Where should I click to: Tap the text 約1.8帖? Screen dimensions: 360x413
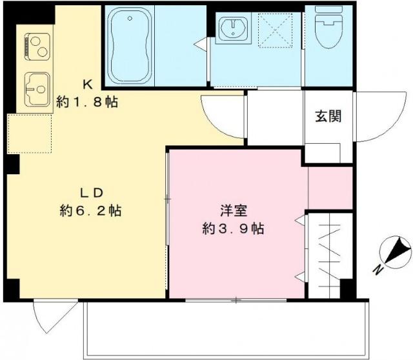point(88,101)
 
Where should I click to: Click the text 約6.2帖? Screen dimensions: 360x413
point(91,210)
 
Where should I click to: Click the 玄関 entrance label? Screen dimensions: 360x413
point(328,117)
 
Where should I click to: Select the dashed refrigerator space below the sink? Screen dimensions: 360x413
point(29,134)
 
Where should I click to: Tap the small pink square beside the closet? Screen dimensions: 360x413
point(329,187)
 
